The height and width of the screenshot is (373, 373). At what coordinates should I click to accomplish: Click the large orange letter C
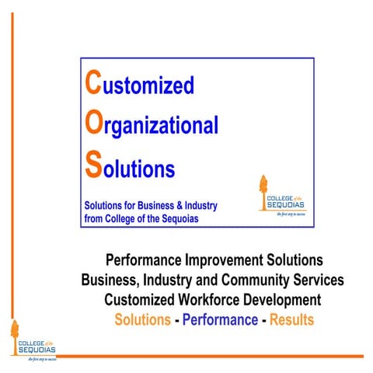[x=92, y=83]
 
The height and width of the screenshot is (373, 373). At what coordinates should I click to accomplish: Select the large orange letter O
[x=93, y=124]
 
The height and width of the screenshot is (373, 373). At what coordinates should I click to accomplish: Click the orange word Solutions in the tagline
[x=142, y=319]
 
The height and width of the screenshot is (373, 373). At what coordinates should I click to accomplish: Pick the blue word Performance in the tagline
[x=220, y=319]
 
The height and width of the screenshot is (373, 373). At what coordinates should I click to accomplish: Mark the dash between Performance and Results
[x=264, y=319]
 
